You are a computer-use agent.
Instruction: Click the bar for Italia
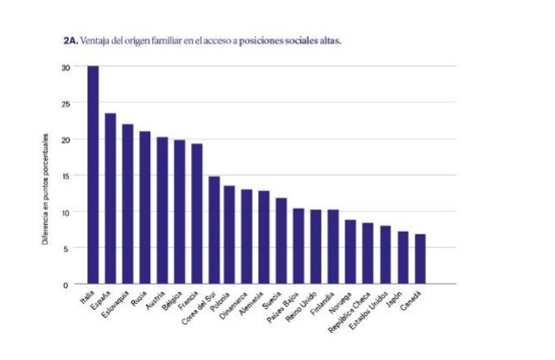(92, 175)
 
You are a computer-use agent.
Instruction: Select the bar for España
(110, 199)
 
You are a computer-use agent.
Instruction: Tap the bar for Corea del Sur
(214, 230)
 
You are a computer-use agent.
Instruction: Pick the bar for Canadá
(420, 259)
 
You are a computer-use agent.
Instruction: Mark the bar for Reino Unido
(317, 246)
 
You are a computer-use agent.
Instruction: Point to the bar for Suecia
(282, 241)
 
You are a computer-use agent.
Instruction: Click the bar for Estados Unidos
(385, 255)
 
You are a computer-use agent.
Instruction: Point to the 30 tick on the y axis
(65, 67)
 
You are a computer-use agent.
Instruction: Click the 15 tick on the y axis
(65, 176)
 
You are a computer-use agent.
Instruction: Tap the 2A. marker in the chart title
(70, 40)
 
